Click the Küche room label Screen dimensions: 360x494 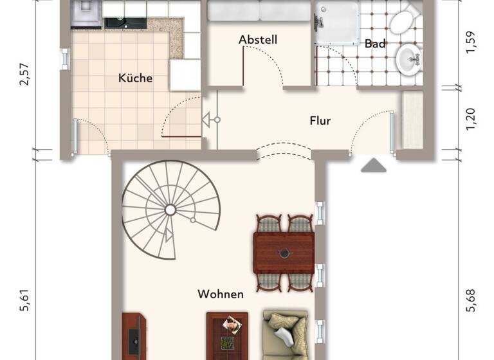pyautogui.click(x=135, y=78)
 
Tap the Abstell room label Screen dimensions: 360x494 pyautogui.click(x=257, y=40)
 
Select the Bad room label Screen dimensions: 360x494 pyautogui.click(x=375, y=44)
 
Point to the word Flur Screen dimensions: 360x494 pyautogui.click(x=320, y=120)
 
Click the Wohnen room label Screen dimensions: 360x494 pyautogui.click(x=221, y=294)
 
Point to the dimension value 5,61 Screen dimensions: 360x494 pyautogui.click(x=25, y=299)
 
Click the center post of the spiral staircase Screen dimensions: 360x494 pyautogui.click(x=170, y=210)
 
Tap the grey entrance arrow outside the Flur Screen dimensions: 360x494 pyautogui.click(x=373, y=166)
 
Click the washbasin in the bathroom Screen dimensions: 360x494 pyautogui.click(x=408, y=60)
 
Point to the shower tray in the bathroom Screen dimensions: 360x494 pyautogui.click(x=337, y=22)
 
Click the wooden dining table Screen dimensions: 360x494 pyautogui.click(x=284, y=253)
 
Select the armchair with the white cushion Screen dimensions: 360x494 pyautogui.click(x=285, y=334)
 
